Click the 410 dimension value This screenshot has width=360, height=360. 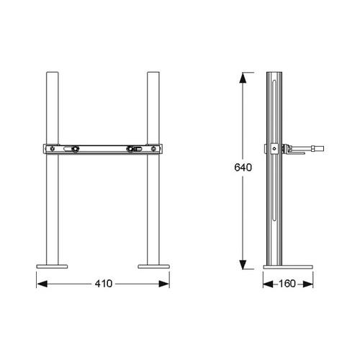pos(104,284)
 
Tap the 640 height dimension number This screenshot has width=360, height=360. pos(243,167)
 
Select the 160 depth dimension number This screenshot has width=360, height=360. pos(287,284)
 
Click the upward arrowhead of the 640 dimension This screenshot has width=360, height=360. pos(243,78)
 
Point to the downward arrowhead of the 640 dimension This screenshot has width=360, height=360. pos(243,264)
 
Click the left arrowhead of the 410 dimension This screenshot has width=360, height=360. pos(42,284)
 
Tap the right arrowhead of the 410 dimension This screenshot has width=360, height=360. pos(164,284)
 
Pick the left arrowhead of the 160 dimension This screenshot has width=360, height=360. pos(269,284)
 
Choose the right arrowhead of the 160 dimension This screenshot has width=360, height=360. pos(308,284)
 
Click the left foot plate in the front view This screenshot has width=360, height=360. pos(52,266)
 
